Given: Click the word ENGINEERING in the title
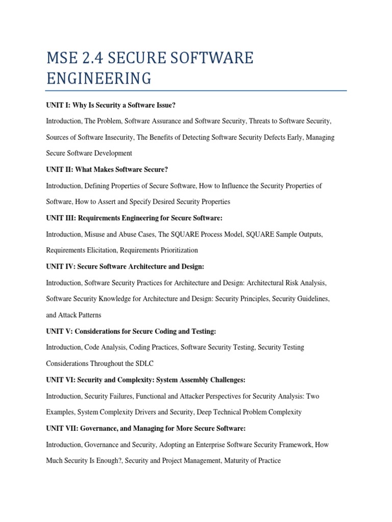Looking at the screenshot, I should [x=99, y=79].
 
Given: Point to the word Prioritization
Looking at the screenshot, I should [x=177, y=250].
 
